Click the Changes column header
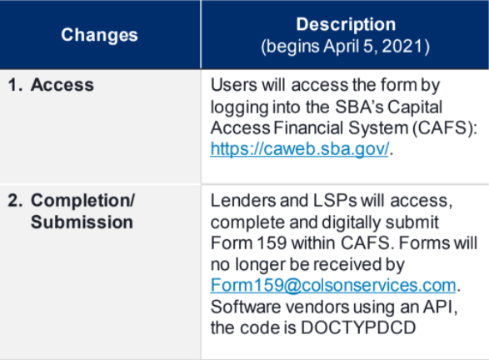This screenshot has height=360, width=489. (99, 35)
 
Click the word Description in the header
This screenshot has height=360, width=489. (346, 24)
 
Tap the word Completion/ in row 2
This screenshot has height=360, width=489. (82, 202)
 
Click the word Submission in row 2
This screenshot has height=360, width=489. (82, 222)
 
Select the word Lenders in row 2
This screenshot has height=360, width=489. (242, 202)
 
